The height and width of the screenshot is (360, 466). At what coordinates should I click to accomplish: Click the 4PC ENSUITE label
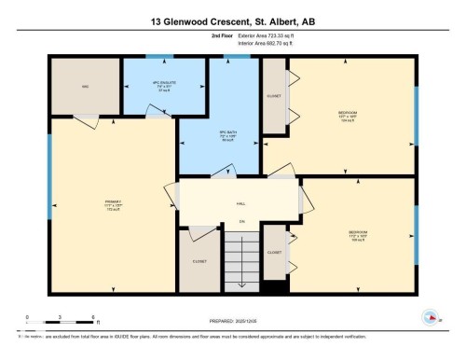(149, 85)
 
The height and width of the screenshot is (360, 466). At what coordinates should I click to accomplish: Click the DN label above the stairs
(240, 221)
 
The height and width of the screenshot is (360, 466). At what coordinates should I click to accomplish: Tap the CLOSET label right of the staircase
(274, 253)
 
